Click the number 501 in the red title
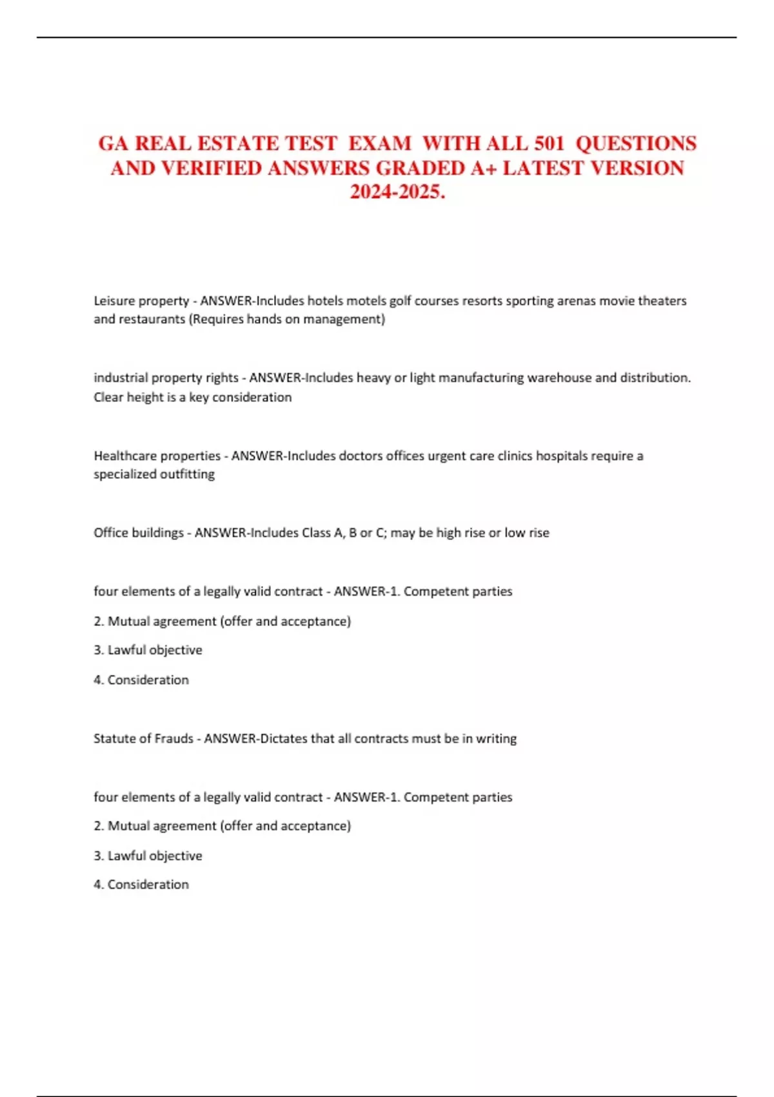click(549, 143)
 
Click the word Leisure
click(114, 301)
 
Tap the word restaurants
click(148, 319)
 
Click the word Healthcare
click(124, 456)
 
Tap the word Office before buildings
click(111, 532)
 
